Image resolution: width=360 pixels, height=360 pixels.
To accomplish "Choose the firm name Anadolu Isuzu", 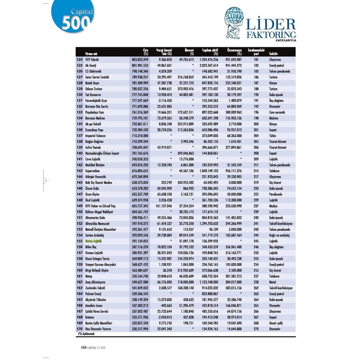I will [97, 305].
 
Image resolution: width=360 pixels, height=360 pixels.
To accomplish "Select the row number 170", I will [80, 328].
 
